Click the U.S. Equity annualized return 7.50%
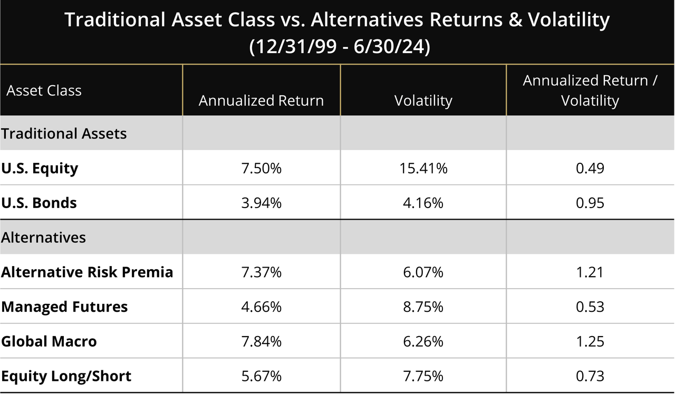[x=261, y=169]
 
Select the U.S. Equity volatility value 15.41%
[x=423, y=169]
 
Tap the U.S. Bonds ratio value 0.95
[x=590, y=203]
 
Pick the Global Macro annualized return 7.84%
[x=261, y=341]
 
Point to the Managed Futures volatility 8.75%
[x=423, y=307]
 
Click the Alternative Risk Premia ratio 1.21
[x=590, y=272]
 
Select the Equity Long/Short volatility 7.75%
[x=423, y=376]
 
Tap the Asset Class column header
[x=44, y=91]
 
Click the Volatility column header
[x=423, y=101]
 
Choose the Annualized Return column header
[x=261, y=101]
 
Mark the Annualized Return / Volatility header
[x=590, y=90]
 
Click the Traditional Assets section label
[x=64, y=133]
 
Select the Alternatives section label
[x=43, y=238]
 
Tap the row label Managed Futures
[x=64, y=307]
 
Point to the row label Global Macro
[x=49, y=341]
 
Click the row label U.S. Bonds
[x=39, y=203]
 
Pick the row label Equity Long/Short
[x=66, y=376]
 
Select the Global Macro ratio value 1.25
[x=590, y=341]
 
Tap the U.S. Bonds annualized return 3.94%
[x=261, y=203]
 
